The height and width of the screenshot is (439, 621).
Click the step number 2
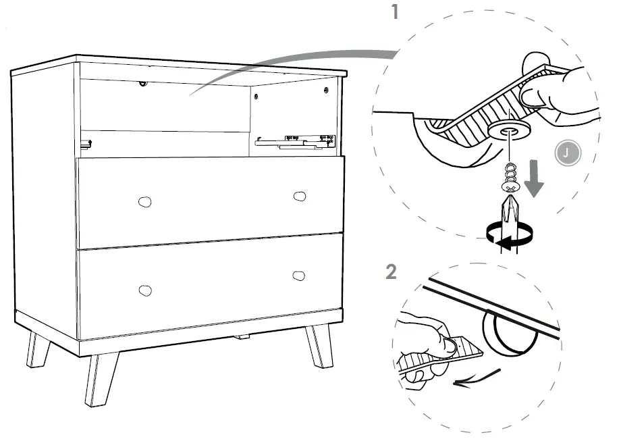tap(391, 272)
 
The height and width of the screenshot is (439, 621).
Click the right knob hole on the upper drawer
tap(299, 196)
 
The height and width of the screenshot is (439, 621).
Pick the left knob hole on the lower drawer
tap(144, 290)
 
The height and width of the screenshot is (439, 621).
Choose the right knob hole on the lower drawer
tap(299, 276)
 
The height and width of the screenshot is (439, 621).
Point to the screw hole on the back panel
tap(142, 84)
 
